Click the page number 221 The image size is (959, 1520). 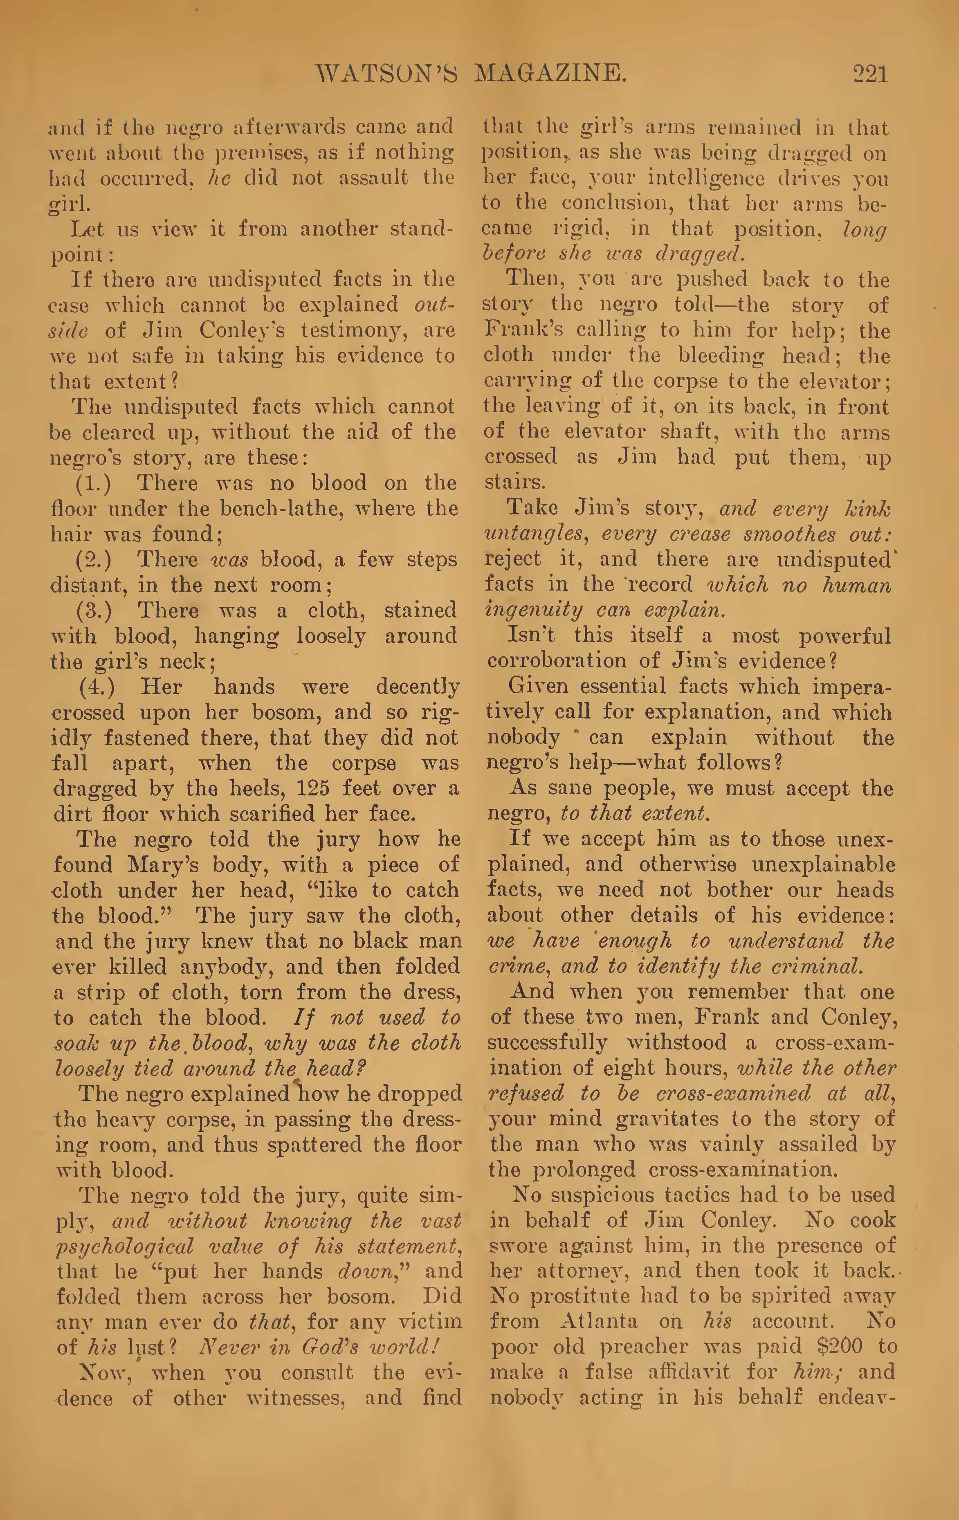870,74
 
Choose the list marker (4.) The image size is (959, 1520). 97,687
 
